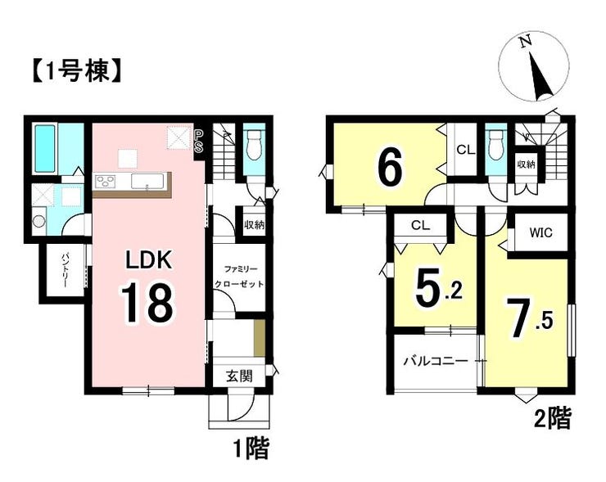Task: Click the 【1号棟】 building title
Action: (75, 71)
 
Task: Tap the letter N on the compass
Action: (524, 42)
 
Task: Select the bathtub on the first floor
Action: (45, 148)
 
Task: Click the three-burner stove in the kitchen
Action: (106, 181)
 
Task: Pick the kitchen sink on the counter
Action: (147, 181)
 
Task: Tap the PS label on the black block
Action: (198, 141)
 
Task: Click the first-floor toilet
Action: (254, 145)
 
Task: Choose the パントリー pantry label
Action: (65, 270)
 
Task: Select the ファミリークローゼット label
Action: (239, 276)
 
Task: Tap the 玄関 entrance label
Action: (240, 376)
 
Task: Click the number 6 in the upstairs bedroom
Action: (390, 169)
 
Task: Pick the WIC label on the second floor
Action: (541, 232)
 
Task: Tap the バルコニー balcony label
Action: (436, 362)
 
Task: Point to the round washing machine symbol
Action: (38, 221)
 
